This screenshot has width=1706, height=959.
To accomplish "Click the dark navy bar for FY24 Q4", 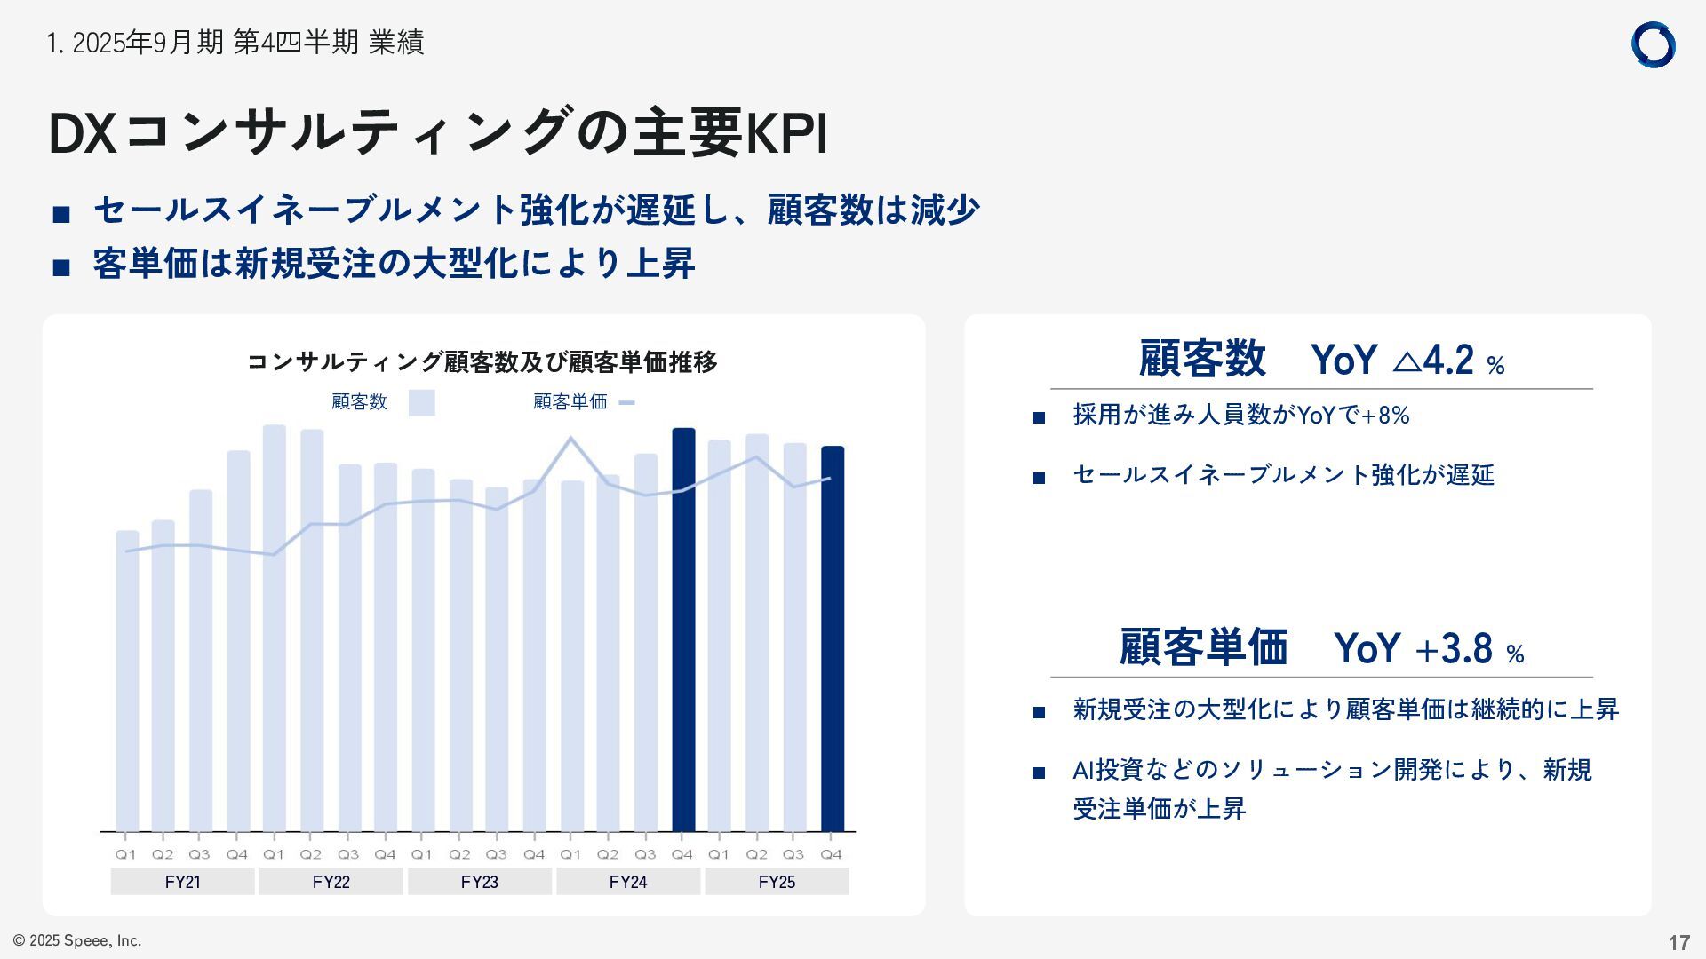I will tap(682, 630).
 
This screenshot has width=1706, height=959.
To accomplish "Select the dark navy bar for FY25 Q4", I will tap(832, 639).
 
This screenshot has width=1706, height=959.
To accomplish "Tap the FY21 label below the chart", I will tap(182, 882).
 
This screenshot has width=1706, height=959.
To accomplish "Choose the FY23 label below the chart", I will tap(480, 882).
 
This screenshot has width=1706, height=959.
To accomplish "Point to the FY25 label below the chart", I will tap(777, 882).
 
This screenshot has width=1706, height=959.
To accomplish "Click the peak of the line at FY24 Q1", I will tap(570, 438).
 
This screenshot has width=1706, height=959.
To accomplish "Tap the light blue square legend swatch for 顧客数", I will tap(422, 402).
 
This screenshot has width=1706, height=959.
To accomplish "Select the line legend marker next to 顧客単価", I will tap(626, 403).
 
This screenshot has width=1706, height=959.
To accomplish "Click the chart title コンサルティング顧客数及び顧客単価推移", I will tap(482, 362).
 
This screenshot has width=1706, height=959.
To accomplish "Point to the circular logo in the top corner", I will tap(1653, 45).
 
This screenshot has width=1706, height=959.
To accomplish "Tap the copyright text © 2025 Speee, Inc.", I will tap(77, 940).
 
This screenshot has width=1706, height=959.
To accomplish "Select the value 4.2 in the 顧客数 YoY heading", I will tap(1447, 361).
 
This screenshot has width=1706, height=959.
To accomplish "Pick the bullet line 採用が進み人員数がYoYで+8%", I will tap(1240, 416).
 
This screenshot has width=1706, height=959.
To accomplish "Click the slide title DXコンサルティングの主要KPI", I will tap(437, 133).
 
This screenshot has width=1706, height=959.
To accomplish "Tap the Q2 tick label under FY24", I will tap(607, 854).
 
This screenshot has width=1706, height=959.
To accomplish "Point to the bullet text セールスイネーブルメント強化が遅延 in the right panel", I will tap(1283, 475).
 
